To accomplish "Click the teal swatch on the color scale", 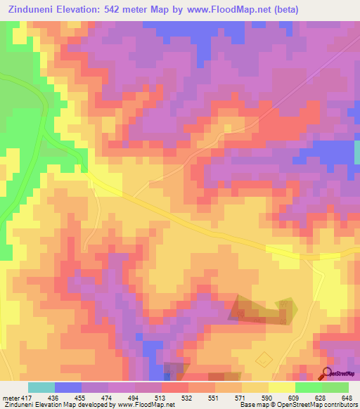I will point(41,387).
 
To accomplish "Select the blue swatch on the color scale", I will point(68,387).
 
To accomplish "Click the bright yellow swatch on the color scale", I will point(282,387).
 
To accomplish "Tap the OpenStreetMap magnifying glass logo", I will point(327,372).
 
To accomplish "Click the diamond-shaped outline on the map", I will point(264,360).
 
